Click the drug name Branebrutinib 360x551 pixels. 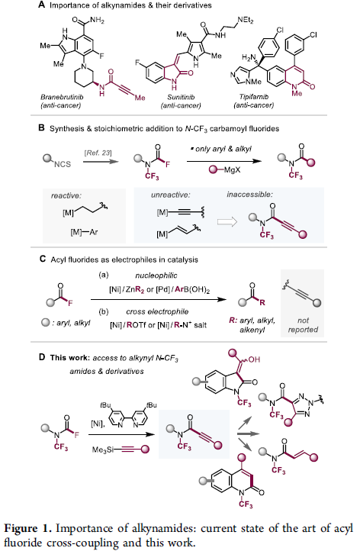point(62,97)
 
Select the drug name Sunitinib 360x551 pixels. point(181,97)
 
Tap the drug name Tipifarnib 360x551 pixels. point(253,97)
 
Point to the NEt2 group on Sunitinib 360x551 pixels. point(245,21)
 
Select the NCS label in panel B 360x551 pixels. point(63,164)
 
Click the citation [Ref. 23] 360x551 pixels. point(98,153)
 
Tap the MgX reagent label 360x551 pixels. point(232,170)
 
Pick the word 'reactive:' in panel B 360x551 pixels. point(66,195)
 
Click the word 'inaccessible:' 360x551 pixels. point(249,195)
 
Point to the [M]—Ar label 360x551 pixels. point(84,232)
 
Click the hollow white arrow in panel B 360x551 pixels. point(227,222)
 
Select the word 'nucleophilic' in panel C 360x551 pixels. point(156,275)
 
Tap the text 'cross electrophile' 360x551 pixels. point(157,311)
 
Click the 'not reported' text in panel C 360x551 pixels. point(303,325)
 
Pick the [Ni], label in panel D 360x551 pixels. point(98,424)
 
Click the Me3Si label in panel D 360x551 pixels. point(103,449)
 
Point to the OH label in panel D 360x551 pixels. point(254,359)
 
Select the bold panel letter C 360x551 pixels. point(43,259)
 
